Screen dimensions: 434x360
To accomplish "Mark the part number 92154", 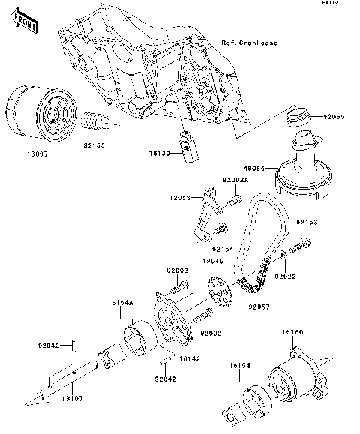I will (223, 249).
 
